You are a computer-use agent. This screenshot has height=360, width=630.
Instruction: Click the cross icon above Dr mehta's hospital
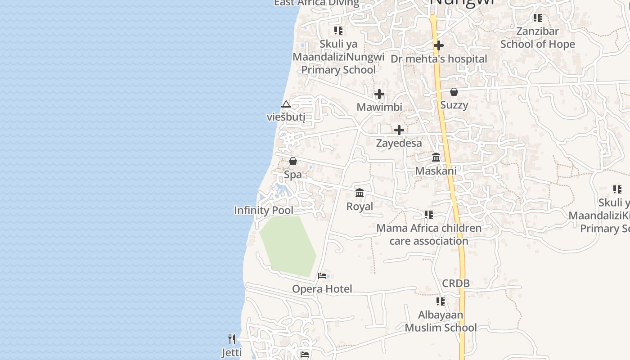(439, 45)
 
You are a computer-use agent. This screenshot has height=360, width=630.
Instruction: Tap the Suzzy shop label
(454, 105)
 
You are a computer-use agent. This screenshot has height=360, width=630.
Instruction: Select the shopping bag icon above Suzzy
(454, 92)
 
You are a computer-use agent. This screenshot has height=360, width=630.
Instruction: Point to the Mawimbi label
(379, 107)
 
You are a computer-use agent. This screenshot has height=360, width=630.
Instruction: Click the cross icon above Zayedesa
(399, 130)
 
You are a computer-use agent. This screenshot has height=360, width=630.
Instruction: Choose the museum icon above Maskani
(436, 157)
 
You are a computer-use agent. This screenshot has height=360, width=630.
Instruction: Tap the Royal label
(360, 207)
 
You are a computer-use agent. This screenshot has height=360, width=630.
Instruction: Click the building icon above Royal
(360, 193)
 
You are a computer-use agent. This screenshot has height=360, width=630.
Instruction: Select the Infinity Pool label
(264, 210)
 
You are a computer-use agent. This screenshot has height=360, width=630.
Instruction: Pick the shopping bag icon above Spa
(293, 161)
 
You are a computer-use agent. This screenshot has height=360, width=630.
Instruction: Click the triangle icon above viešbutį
(286, 104)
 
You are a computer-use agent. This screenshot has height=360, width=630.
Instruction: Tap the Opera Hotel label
(322, 289)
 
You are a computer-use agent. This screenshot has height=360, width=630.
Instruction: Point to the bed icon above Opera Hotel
(322, 275)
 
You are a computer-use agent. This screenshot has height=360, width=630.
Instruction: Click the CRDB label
(456, 283)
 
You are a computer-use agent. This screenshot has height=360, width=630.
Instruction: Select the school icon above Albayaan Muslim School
(441, 301)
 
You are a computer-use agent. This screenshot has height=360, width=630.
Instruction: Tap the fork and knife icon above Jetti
(232, 339)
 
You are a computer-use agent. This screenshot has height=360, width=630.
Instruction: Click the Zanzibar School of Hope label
(538, 38)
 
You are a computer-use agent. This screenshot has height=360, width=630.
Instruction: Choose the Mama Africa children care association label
(429, 234)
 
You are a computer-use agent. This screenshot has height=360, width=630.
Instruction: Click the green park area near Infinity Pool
(288, 245)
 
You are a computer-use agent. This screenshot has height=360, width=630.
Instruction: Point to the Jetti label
(232, 352)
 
